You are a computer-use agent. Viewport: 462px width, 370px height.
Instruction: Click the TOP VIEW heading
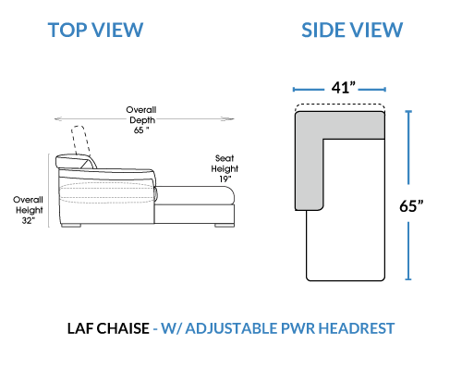(95, 30)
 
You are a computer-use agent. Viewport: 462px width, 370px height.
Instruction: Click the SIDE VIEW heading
(352, 30)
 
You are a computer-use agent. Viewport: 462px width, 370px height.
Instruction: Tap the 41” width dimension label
(344, 88)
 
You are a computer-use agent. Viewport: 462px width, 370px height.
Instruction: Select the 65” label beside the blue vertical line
(411, 205)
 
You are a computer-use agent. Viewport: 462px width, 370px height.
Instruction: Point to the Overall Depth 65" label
(141, 120)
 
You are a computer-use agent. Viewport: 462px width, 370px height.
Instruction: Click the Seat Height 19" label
(225, 168)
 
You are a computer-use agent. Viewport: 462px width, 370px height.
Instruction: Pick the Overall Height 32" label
(28, 210)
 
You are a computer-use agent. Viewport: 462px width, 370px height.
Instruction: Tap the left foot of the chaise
(71, 226)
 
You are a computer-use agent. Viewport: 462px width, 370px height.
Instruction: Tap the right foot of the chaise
(225, 226)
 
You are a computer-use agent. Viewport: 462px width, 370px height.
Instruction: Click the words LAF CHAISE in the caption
(108, 328)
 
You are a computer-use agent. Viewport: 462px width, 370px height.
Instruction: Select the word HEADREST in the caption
(357, 328)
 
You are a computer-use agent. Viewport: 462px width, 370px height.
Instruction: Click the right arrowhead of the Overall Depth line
(230, 118)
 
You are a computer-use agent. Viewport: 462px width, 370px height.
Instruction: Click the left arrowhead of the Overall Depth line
(58, 118)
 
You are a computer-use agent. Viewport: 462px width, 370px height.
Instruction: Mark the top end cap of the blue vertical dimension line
(408, 111)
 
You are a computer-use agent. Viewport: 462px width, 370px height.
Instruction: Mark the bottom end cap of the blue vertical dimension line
(408, 279)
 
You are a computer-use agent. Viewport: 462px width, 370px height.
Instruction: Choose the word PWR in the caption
(298, 328)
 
